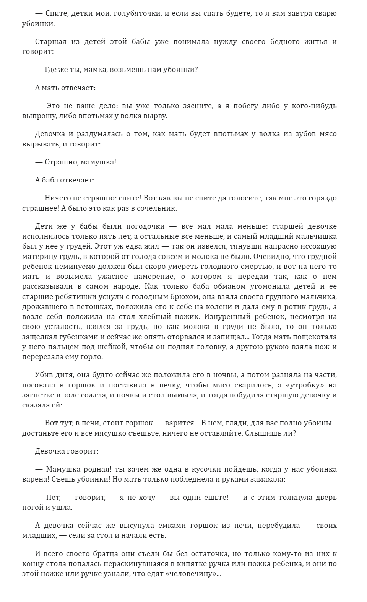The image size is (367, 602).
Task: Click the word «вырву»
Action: [x=154, y=116]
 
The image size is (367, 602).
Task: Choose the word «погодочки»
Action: [x=146, y=226]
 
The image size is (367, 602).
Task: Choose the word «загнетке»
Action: [x=39, y=395]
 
